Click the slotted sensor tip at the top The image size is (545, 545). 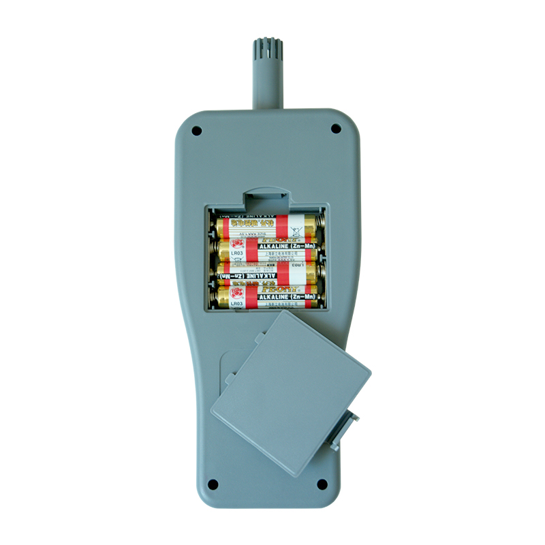[x=265, y=50]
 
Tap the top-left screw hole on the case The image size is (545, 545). [x=196, y=129]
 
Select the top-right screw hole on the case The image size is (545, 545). [x=335, y=128]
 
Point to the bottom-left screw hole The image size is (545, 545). [x=213, y=484]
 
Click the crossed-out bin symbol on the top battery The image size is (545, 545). [x=294, y=224]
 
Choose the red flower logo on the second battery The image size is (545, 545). [x=237, y=243]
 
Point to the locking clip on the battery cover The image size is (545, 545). [x=345, y=427]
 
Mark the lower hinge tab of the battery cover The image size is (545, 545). [x=230, y=372]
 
